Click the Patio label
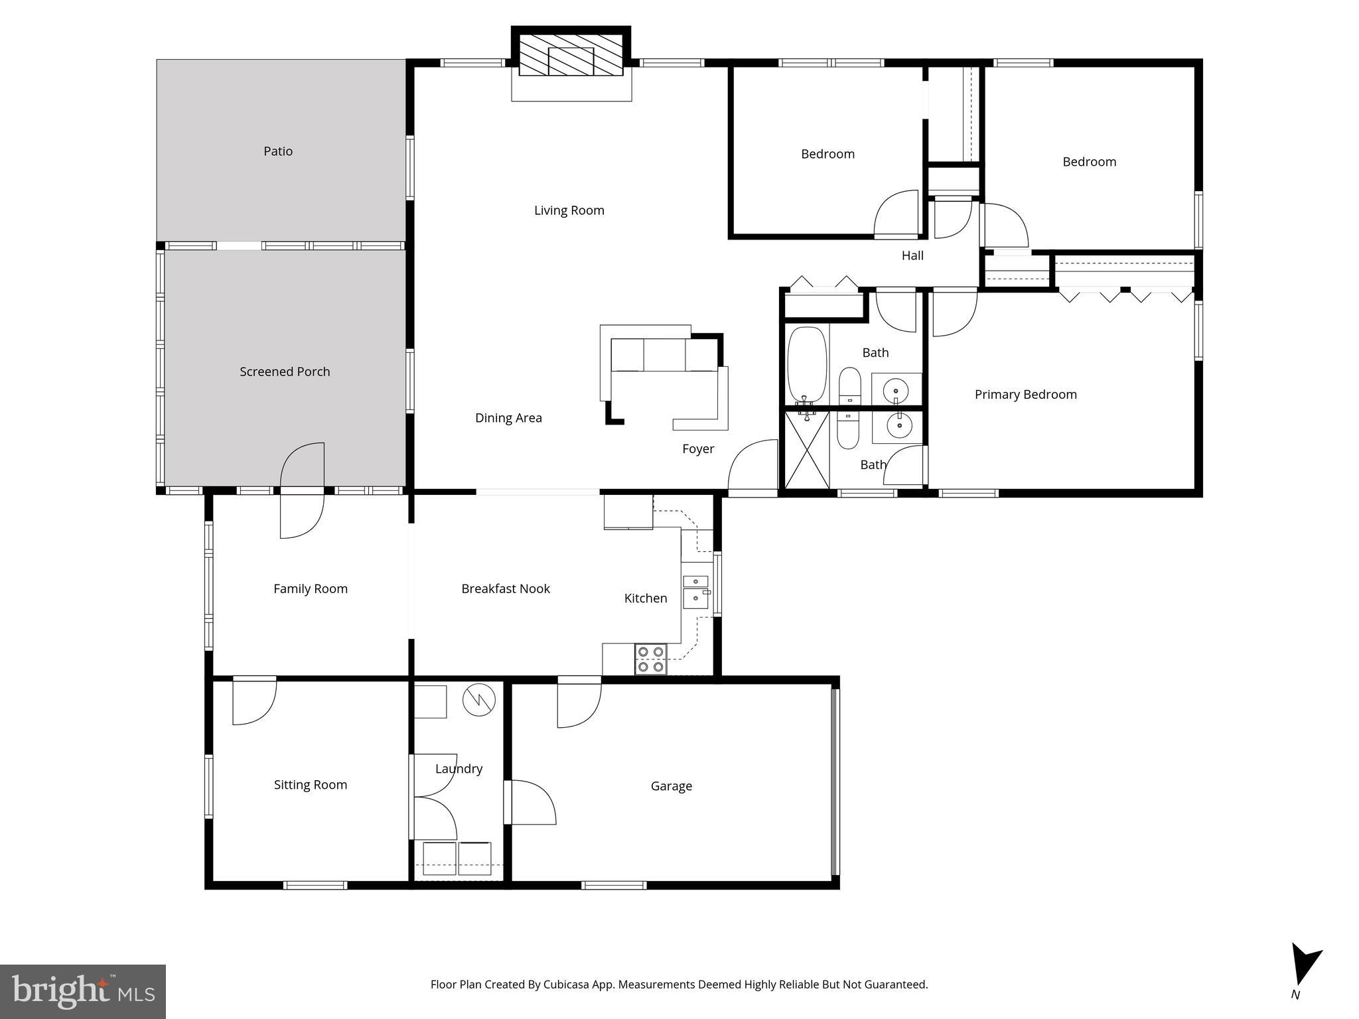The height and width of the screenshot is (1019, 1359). (278, 151)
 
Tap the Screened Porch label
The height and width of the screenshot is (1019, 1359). (285, 372)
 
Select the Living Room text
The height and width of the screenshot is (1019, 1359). (569, 210)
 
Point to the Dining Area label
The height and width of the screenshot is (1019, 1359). (508, 418)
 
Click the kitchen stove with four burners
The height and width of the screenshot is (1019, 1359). (650, 659)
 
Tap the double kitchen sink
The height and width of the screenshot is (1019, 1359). (695, 591)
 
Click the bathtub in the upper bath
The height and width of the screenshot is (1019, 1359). (806, 365)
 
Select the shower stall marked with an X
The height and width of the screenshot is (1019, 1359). (807, 450)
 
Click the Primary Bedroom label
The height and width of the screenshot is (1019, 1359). (1025, 395)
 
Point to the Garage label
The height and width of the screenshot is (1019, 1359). (671, 786)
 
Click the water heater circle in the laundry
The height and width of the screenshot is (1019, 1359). (479, 700)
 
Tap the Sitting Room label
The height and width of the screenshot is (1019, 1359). (311, 785)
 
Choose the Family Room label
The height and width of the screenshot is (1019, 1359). (311, 588)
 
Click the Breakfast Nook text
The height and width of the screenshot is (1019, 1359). (506, 588)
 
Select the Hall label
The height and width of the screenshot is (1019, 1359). (912, 255)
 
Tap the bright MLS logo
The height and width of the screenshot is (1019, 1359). (83, 991)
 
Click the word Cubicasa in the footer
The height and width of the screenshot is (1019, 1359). (569, 985)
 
